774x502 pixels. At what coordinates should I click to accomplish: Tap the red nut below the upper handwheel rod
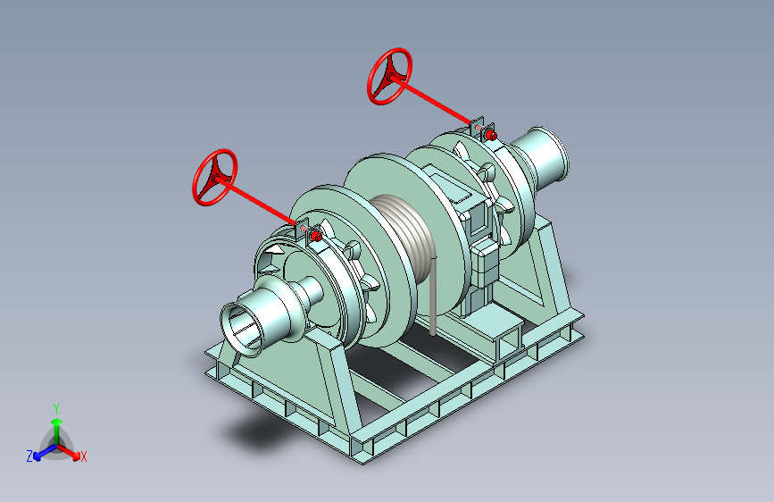click(490, 135)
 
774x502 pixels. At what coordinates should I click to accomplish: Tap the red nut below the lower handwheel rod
click(317, 238)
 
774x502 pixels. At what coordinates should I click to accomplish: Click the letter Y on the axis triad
click(56, 409)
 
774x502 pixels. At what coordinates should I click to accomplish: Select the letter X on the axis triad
click(83, 457)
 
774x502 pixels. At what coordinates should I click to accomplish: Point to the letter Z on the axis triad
click(29, 456)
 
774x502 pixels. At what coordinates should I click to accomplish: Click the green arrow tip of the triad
click(57, 422)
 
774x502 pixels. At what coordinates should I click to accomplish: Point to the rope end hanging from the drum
click(433, 297)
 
